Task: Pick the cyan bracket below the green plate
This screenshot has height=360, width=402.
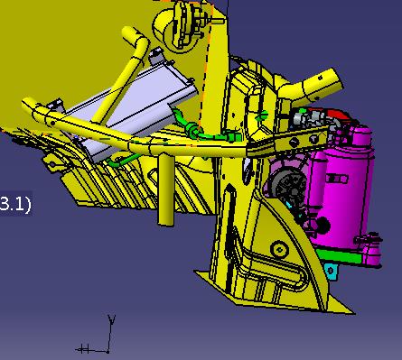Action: (332, 272)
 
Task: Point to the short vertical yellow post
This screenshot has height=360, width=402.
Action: (166, 189)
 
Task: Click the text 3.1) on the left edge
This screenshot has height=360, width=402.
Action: (15, 204)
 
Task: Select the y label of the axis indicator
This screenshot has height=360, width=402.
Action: (112, 319)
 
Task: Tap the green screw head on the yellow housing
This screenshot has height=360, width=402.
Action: (263, 115)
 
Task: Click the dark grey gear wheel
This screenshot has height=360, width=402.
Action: (287, 184)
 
